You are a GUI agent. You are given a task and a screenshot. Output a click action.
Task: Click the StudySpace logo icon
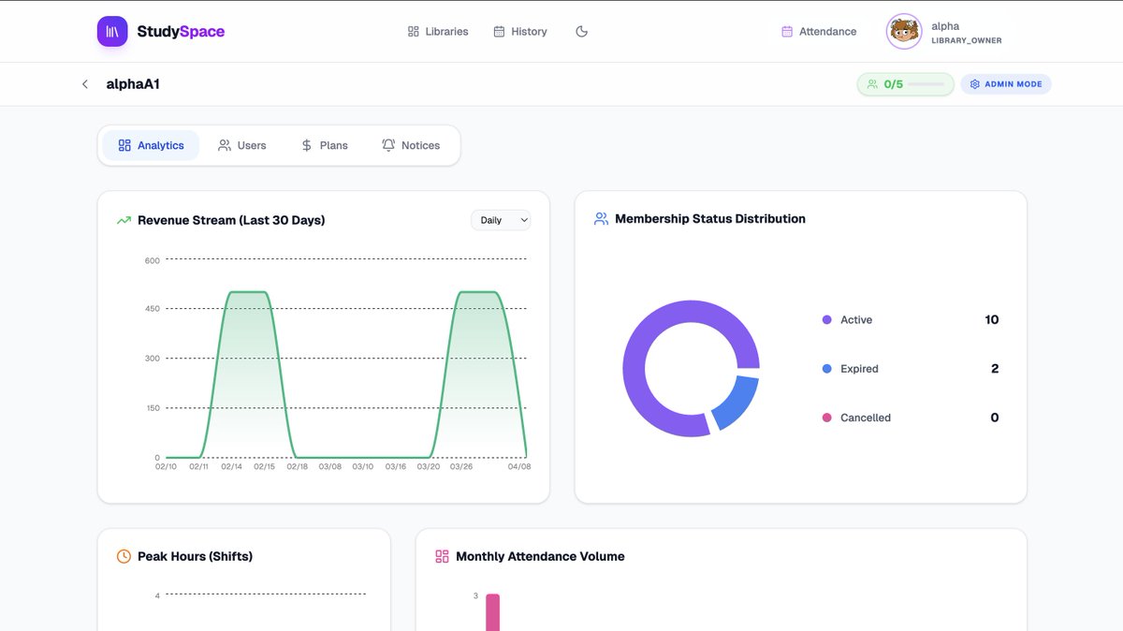coord(112,31)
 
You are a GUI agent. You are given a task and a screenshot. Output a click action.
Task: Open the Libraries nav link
coord(438,32)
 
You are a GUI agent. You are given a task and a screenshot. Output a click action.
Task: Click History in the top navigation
coord(520,32)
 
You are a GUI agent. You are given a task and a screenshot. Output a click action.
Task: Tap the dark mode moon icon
coord(581,32)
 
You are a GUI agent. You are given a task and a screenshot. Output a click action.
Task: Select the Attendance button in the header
coord(819,32)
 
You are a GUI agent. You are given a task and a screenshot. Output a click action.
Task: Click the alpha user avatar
coord(904,32)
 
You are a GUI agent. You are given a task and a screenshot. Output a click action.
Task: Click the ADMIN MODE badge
coord(1006,84)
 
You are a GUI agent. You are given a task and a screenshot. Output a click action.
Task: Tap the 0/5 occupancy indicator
coord(905,84)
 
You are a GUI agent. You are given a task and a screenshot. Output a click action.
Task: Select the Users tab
coord(241,145)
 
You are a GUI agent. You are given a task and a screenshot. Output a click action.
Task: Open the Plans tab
coord(325,145)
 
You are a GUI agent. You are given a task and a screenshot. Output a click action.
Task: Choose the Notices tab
coord(411,145)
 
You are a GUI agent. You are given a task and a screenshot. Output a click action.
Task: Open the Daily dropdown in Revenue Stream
coord(501,220)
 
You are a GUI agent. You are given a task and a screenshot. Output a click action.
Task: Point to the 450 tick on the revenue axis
coord(153,308)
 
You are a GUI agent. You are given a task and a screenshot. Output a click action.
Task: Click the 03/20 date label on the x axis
coord(429,466)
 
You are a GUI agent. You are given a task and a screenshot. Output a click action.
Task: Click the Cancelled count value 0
coord(995,418)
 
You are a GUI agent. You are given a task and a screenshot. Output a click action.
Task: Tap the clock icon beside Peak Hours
coord(124,556)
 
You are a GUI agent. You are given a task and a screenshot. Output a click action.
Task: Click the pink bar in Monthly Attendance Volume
coord(493,612)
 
